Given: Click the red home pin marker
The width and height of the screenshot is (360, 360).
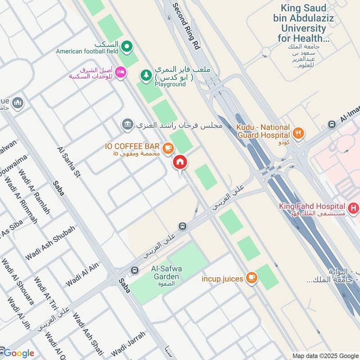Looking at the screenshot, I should tap(180, 162).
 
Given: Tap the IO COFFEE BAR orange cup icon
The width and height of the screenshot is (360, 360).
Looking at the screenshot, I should tap(168, 147).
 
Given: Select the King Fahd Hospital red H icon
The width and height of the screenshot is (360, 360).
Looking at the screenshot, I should tap(355, 208).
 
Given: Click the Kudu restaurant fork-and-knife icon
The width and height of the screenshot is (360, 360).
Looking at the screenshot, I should tap(298, 133).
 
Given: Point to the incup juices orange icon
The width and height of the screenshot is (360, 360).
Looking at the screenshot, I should tap(252, 279).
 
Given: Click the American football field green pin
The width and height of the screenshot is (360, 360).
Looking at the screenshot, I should tap(127, 45).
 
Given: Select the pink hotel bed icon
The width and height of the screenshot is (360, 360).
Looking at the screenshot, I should tap(120, 72).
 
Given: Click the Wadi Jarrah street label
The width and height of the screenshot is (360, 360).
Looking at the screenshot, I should tap(129, 343).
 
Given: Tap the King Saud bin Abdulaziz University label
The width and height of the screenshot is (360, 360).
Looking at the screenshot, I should tap(305, 22).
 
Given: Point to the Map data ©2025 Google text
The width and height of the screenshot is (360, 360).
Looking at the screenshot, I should tap(324, 355).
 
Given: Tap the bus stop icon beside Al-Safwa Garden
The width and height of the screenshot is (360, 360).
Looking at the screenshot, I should tap(134, 270).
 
